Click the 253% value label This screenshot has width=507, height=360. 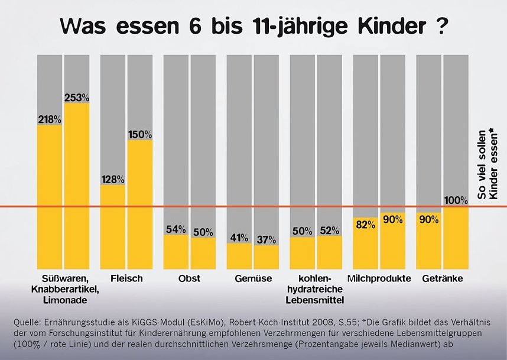77,97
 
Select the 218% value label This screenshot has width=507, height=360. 50,119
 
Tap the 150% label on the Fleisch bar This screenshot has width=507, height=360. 140,134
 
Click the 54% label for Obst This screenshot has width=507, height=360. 175,229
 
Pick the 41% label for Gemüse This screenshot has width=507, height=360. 239,238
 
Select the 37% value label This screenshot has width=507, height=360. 266,239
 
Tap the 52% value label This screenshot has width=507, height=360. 329,230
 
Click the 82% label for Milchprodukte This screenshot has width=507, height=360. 365,223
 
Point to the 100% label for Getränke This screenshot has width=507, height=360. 456,200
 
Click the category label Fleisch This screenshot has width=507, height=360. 126,278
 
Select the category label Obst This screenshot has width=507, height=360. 189,278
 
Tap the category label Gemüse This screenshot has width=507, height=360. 252,278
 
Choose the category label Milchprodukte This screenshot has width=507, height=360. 379,278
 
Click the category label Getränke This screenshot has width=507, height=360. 442,278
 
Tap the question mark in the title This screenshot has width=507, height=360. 439,27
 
